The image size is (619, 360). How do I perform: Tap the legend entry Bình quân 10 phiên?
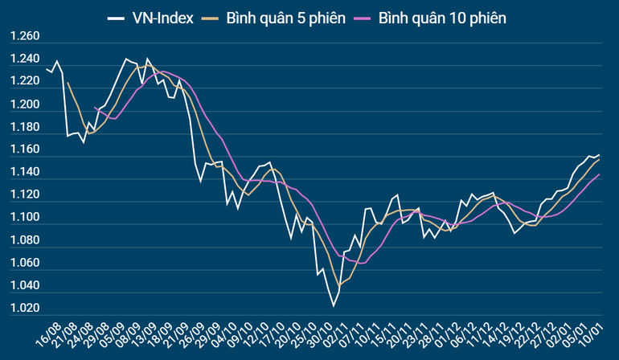tap(441, 17)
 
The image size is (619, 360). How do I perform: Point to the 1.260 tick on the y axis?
tap(24, 37)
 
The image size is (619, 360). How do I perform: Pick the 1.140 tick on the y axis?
tap(24, 173)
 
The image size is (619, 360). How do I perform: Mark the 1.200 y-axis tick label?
tap(24, 104)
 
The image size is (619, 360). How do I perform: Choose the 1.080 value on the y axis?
tap(24, 240)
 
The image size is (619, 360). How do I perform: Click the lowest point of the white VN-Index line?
tap(333, 306)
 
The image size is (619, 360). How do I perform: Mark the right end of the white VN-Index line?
tap(600, 154)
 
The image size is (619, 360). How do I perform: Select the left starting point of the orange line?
tap(68, 82)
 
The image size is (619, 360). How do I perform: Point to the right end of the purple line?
tap(600, 174)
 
